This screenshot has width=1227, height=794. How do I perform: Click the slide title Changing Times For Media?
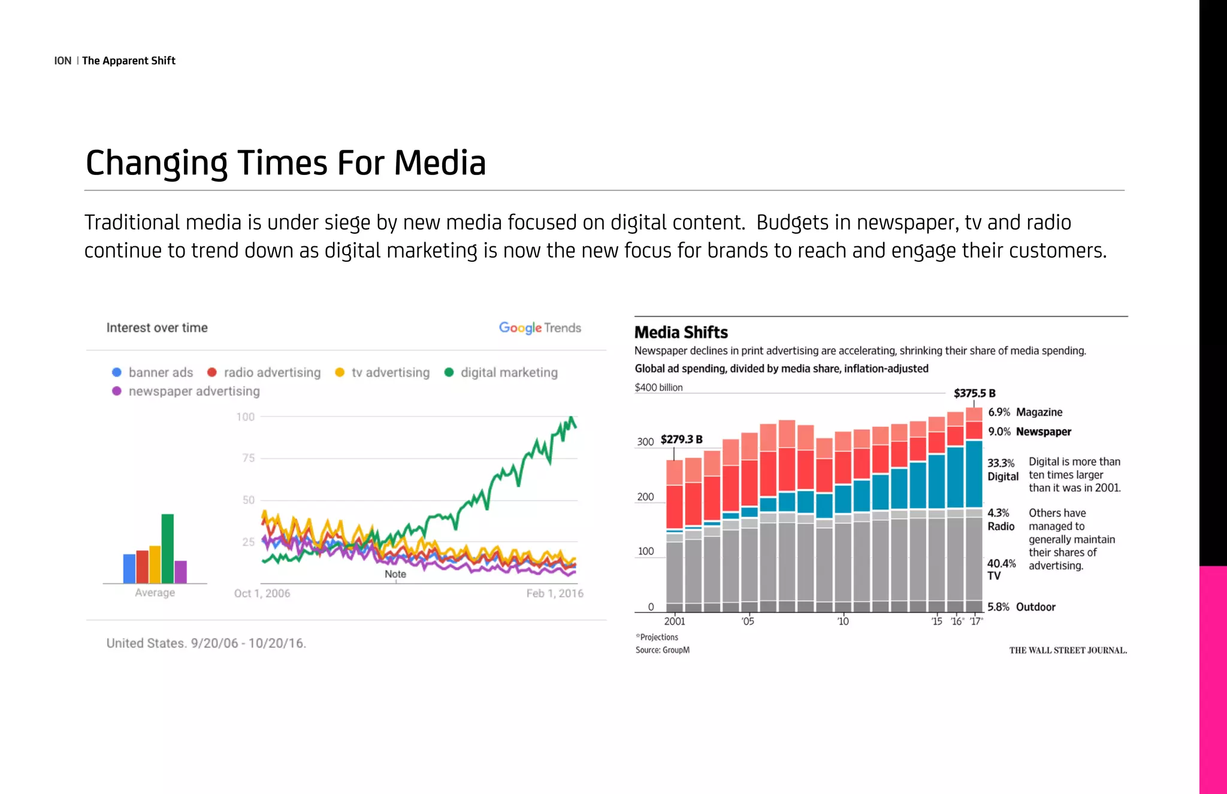[x=285, y=163]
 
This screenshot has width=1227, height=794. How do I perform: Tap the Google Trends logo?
[x=540, y=328]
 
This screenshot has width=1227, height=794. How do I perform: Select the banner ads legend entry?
[x=153, y=372]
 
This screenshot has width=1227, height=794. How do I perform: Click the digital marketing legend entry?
[x=501, y=372]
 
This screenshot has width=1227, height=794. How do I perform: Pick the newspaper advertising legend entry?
[x=186, y=391]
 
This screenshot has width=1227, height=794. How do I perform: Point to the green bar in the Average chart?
[x=168, y=548]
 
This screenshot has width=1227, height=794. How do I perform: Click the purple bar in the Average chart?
[x=180, y=572]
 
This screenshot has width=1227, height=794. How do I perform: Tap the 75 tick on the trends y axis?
[x=248, y=458]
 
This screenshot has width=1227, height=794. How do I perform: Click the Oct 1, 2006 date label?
[x=262, y=593]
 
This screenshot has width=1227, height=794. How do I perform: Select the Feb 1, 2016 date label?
[x=554, y=593]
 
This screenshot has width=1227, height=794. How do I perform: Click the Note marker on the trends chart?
[x=395, y=574]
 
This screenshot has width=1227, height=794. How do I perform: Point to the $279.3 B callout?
[x=681, y=439]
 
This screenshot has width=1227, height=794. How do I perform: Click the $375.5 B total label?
[x=974, y=393]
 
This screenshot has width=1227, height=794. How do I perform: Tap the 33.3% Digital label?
[x=1002, y=470]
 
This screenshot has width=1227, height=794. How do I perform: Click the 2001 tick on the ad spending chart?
[x=675, y=621]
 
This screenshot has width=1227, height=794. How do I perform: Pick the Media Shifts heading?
[x=681, y=333]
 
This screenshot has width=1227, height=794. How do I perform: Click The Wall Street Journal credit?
[x=1068, y=650]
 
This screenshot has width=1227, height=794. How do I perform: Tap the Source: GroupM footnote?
[x=662, y=650]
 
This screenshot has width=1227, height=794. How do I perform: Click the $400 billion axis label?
[x=658, y=388]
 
